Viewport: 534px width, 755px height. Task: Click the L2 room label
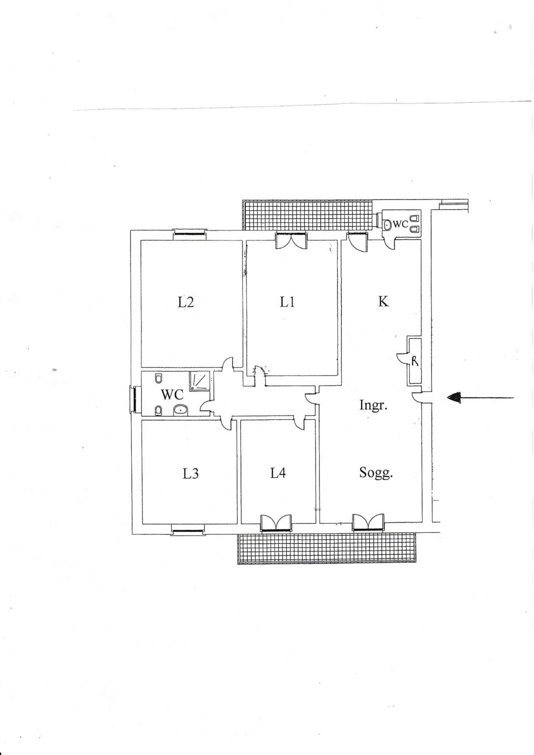[x=186, y=302]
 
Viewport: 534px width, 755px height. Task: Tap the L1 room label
[x=287, y=302]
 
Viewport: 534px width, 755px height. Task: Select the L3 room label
[x=190, y=473]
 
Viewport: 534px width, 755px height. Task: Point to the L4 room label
[x=278, y=473]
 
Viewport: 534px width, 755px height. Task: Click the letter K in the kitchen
[x=384, y=301]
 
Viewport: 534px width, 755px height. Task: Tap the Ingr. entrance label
[x=373, y=405]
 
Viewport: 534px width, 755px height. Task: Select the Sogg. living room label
[x=376, y=473]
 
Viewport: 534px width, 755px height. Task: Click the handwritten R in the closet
[x=415, y=361]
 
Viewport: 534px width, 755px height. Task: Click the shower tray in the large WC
[x=200, y=381]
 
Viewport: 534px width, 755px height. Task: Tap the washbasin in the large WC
[x=181, y=409]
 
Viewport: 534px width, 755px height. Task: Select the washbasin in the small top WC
[x=387, y=224]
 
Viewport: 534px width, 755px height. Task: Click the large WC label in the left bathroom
[x=172, y=394]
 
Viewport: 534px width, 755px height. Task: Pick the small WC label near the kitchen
[x=400, y=224]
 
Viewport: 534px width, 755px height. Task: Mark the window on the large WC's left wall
[x=135, y=399]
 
